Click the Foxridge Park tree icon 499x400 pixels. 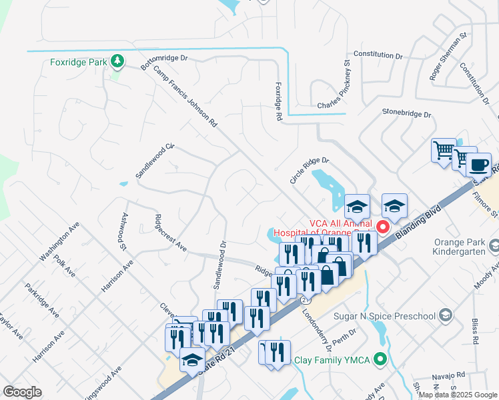coord(118,62)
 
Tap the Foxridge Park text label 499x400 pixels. coord(79,63)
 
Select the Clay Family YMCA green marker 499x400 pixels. coord(380,360)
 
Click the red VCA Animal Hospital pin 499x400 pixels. coord(384,227)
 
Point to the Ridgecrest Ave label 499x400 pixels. coord(170,231)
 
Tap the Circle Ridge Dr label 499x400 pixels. coord(310,170)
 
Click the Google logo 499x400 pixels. coord(23,392)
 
